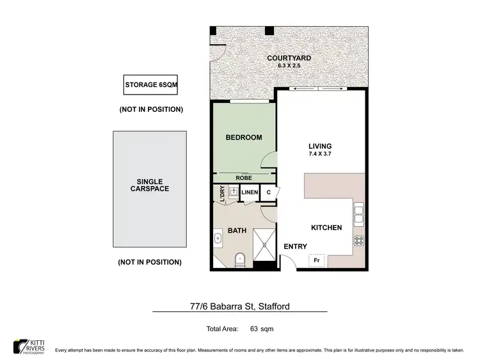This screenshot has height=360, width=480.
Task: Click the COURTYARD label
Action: point(289,58)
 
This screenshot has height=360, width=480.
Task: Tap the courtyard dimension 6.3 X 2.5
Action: point(289,66)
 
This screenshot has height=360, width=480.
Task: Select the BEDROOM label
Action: point(244,137)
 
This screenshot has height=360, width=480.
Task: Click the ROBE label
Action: point(243,178)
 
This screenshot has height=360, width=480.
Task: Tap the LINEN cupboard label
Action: point(250,192)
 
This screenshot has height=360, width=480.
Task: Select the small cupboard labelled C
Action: point(269,192)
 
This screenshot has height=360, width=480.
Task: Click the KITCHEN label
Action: point(326,228)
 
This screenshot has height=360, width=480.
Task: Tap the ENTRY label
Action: point(295,247)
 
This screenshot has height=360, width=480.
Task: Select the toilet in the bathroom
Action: point(240,260)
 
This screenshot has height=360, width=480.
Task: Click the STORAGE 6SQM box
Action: point(150,85)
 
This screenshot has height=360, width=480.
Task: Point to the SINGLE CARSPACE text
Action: point(151,185)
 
